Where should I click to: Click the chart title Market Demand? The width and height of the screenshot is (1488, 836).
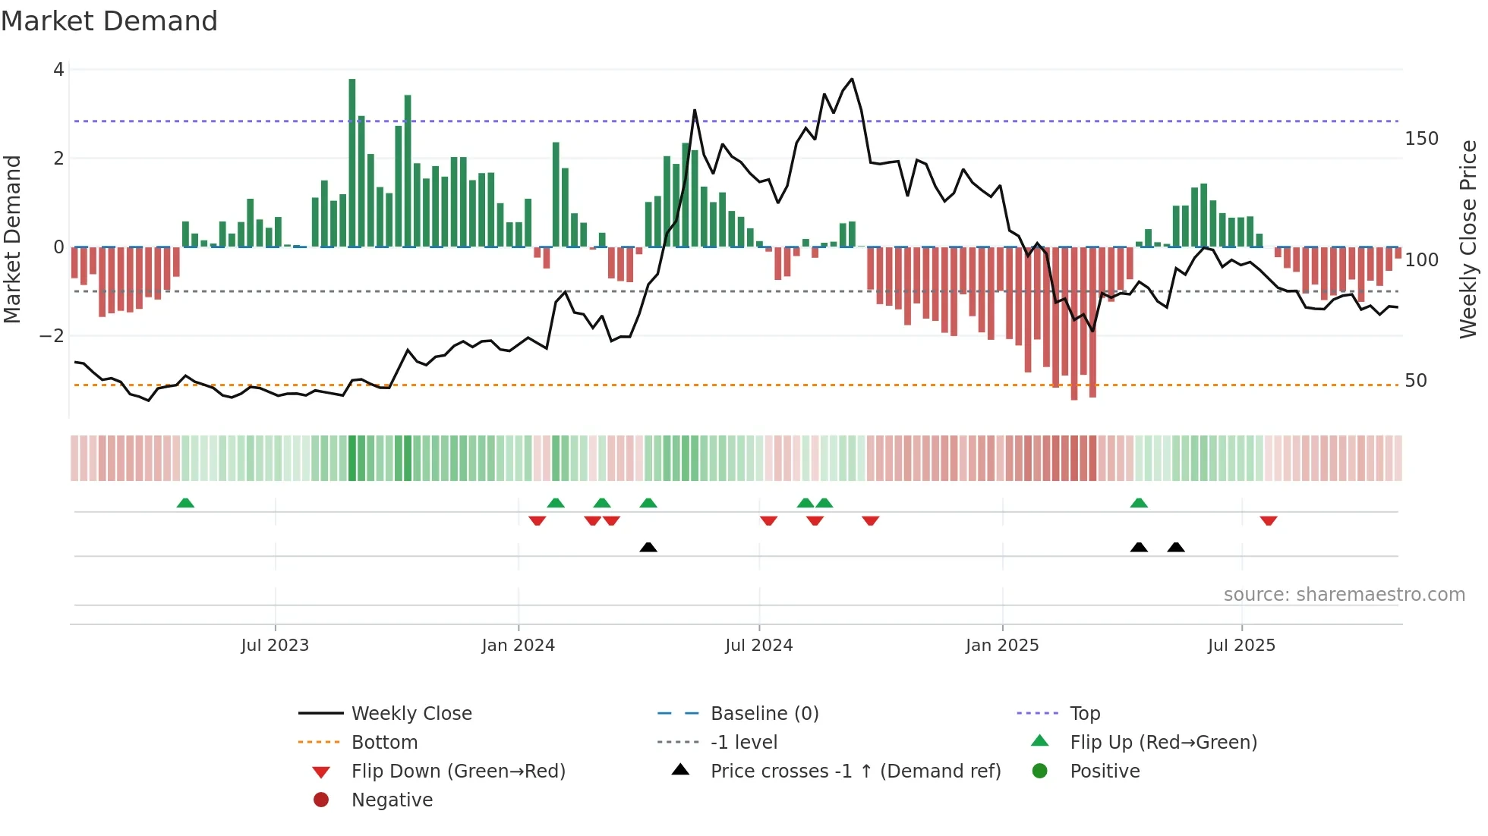[x=109, y=21]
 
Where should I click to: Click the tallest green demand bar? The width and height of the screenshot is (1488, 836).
[x=352, y=163]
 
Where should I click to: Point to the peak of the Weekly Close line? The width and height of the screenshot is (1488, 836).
[x=852, y=79]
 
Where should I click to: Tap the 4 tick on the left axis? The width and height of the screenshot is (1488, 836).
[x=58, y=70]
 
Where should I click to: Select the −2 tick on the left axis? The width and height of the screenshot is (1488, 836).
[x=52, y=336]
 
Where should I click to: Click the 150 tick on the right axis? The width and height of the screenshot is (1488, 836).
[x=1421, y=139]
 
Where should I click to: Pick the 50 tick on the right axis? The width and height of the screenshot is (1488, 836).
[x=1416, y=381]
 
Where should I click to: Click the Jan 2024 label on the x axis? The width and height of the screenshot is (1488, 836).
[x=519, y=646]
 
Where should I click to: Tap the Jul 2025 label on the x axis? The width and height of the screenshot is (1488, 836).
[x=1241, y=646]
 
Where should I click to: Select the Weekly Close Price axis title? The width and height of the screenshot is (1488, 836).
[x=1468, y=239]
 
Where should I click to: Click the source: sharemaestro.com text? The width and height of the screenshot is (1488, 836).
[x=1344, y=595]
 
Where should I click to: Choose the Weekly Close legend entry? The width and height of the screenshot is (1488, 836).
[x=411, y=714]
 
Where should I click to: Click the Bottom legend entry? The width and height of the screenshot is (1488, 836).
[x=384, y=743]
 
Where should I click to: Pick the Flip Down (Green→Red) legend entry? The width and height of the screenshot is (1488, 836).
[x=458, y=772]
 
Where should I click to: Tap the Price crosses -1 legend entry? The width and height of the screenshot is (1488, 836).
[x=855, y=772]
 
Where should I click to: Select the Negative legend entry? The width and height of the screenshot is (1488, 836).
[x=392, y=800]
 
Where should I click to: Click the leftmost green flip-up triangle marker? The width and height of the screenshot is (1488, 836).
[x=185, y=503]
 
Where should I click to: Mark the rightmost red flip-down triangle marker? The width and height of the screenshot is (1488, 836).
[x=1268, y=520]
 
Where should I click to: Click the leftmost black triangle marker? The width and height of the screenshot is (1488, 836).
[x=648, y=547]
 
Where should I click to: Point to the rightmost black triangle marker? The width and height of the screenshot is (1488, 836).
[x=1176, y=547]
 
